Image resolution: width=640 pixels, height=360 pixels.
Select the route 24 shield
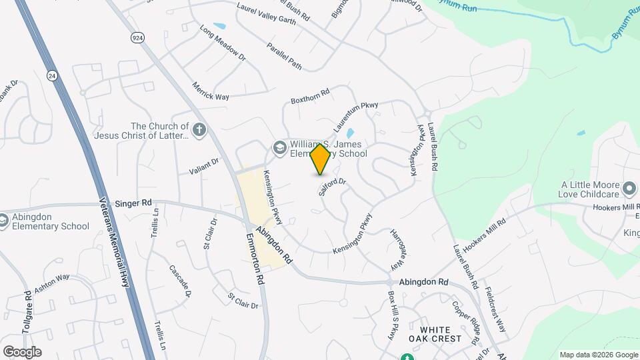(52, 76)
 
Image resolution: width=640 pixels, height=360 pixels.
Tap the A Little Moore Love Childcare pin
(629, 190)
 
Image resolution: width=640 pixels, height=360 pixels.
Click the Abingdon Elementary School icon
(3, 220)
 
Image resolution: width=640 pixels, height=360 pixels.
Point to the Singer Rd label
(133, 203)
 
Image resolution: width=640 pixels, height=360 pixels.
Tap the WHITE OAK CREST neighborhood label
(440, 333)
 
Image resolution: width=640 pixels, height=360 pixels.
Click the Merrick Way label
(211, 92)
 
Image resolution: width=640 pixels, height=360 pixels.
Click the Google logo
(22, 352)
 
